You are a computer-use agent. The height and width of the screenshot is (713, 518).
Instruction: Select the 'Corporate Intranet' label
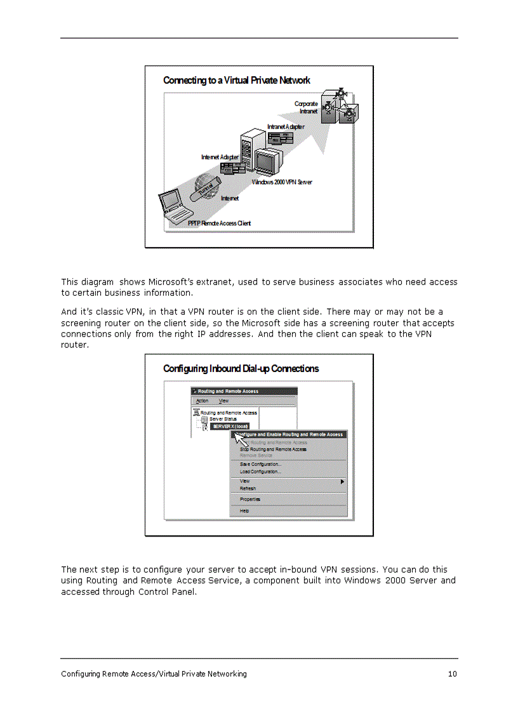pos(306,107)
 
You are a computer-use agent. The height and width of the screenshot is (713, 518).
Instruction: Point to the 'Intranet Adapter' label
pos(285,127)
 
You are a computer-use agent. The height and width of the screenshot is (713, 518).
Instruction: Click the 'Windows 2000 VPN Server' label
pos(282,182)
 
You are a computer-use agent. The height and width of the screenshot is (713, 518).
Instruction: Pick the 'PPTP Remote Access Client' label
pos(219,223)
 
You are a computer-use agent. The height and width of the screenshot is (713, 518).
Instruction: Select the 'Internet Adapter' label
pos(220,157)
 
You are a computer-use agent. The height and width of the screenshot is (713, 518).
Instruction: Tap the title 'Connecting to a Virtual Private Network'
pos(236,81)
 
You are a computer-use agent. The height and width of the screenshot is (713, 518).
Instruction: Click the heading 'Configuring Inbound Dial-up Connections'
pos(241,369)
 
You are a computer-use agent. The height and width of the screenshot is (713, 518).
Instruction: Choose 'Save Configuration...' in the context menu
pos(260,464)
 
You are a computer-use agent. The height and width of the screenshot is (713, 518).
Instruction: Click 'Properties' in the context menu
pos(250,500)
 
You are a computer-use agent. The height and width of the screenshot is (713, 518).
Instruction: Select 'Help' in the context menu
pos(244,510)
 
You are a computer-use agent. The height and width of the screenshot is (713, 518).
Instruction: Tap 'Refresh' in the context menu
pos(248,488)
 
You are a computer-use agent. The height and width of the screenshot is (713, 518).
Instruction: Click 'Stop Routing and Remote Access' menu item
pos(273,449)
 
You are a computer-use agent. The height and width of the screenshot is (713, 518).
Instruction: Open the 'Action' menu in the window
pos(202,401)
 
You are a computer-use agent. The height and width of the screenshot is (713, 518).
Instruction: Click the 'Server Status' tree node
pos(223,420)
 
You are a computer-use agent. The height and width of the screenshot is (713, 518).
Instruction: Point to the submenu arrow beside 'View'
pos(343,482)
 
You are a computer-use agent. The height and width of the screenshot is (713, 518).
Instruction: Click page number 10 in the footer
pos(452,674)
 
